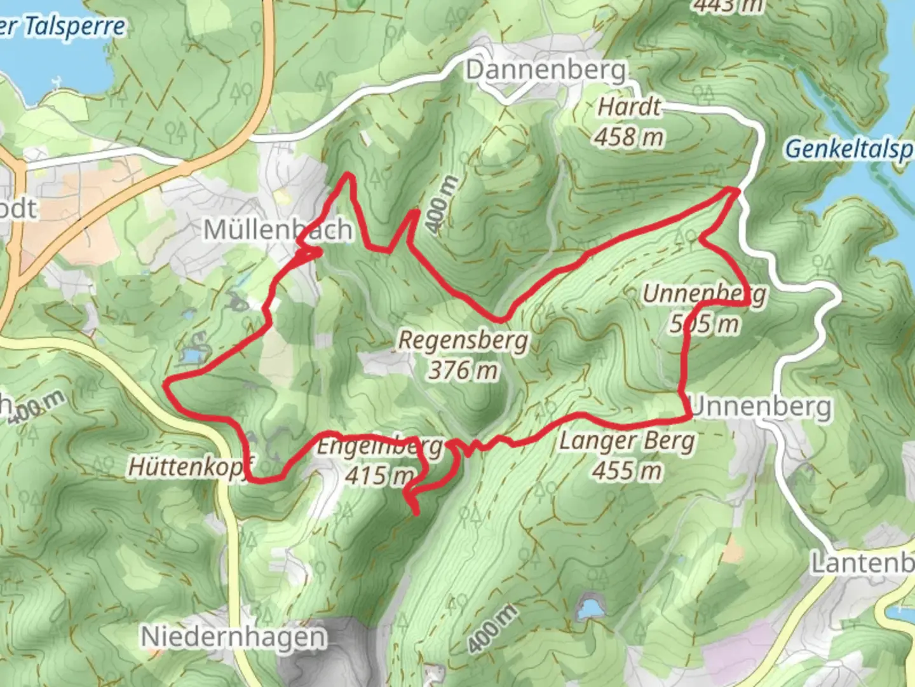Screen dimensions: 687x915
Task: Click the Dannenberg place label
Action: coord(546,70)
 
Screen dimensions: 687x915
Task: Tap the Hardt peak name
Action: coord(629,107)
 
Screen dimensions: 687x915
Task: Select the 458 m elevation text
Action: coord(629,136)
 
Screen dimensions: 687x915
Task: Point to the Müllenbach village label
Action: coord(278,229)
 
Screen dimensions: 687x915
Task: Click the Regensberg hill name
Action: coord(463,340)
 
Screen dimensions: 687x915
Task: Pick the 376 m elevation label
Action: coord(463,370)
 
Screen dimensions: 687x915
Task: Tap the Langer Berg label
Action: coord(627,441)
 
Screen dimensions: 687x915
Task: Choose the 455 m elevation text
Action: coord(627,471)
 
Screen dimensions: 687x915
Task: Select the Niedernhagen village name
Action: coord(233,637)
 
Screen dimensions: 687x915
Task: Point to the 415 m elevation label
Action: coord(378,475)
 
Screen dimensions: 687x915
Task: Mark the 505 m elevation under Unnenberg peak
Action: coord(704,324)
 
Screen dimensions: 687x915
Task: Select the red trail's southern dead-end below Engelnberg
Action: coord(417,512)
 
